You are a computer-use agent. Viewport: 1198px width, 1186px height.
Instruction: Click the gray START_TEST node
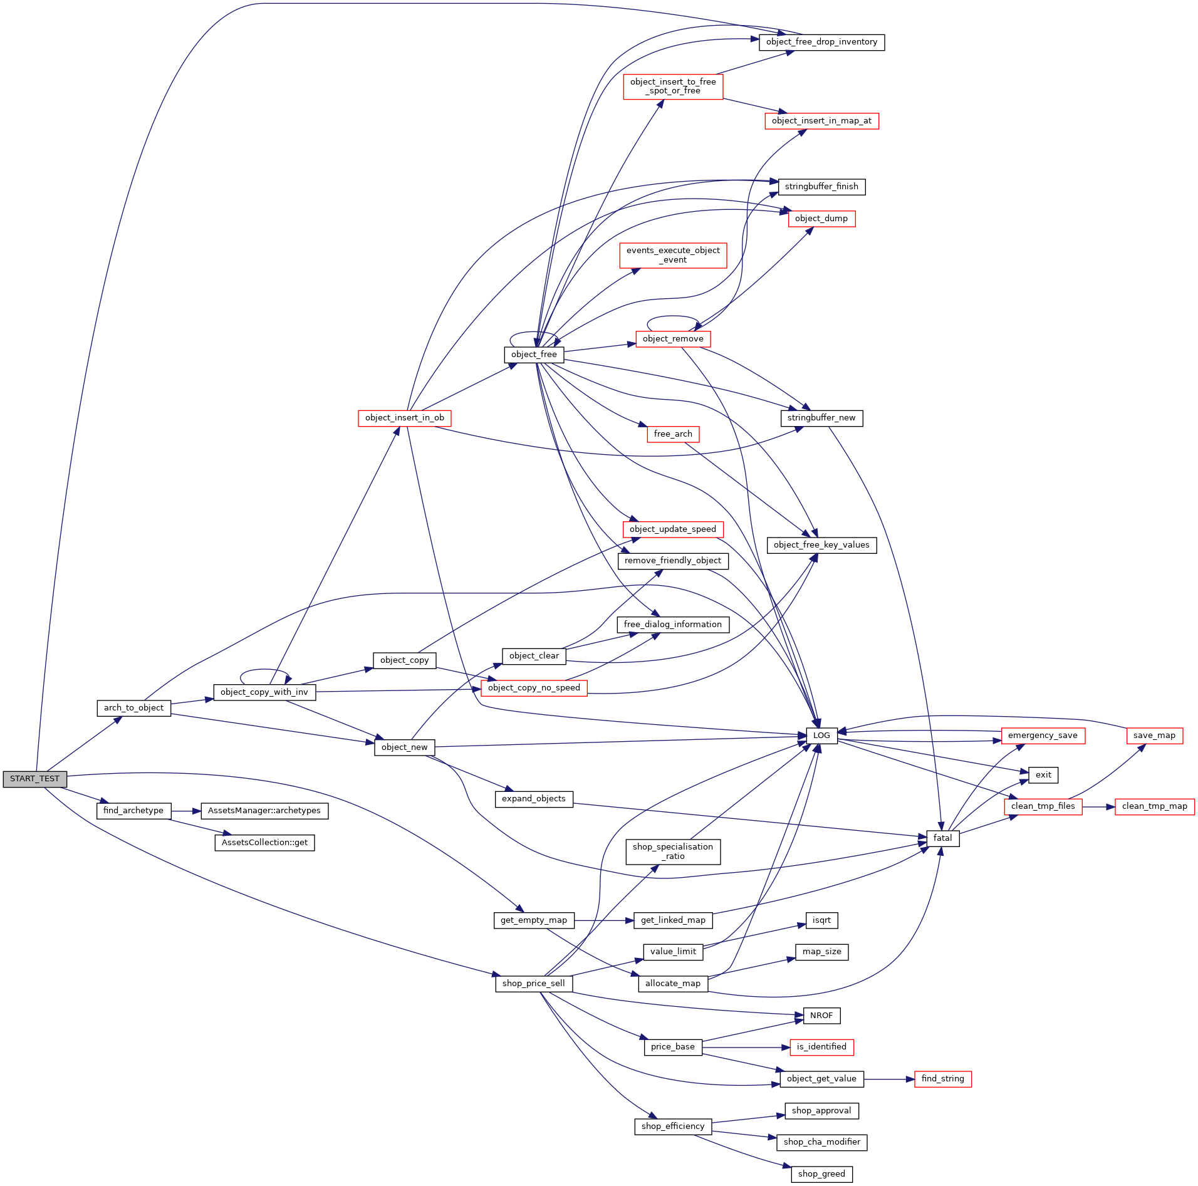[34, 779]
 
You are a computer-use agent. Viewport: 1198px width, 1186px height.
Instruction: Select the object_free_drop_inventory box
[821, 42]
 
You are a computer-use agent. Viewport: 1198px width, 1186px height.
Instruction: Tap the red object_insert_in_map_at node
[821, 121]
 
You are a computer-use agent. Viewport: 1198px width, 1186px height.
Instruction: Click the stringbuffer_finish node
[821, 187]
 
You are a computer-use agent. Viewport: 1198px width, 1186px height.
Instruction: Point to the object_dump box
[821, 219]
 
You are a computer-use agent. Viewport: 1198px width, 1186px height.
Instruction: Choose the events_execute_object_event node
[673, 255]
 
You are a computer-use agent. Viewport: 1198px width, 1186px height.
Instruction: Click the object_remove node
[673, 339]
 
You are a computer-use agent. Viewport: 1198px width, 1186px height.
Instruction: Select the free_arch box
[673, 434]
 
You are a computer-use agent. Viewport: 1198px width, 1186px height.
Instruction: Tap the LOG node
[821, 736]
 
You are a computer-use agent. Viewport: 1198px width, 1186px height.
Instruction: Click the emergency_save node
[1043, 736]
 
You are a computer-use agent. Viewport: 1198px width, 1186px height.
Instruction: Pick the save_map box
[1154, 736]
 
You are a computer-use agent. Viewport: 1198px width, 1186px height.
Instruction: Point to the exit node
[1043, 775]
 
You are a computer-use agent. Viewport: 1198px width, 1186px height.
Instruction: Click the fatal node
[942, 838]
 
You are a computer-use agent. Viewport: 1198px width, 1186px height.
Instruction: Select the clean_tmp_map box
[1154, 806]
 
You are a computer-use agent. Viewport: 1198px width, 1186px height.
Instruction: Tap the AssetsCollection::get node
[264, 843]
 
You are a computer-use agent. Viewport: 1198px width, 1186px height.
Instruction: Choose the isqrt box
[821, 920]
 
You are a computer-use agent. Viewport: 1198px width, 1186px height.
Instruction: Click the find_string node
[942, 1079]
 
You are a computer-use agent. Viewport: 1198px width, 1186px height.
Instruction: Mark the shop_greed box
[821, 1174]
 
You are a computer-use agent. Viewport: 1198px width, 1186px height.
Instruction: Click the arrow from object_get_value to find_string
[889, 1079]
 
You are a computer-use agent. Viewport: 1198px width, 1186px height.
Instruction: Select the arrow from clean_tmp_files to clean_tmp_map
[1098, 807]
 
